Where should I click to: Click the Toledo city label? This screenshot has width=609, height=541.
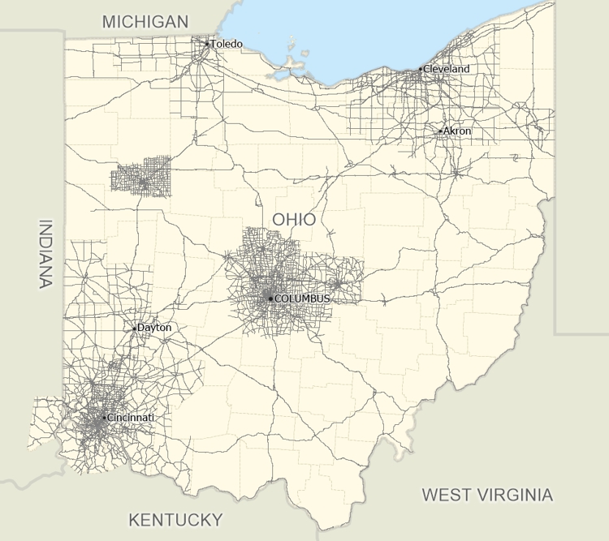tap(227, 44)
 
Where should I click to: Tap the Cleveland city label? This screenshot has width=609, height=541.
tap(447, 69)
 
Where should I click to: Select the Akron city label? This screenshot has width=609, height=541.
tap(457, 131)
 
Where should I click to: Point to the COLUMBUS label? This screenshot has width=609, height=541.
tap(302, 298)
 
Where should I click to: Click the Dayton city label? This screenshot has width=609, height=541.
tap(154, 328)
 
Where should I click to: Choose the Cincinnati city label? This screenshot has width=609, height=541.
tap(131, 417)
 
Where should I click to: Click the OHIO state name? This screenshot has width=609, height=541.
tap(294, 219)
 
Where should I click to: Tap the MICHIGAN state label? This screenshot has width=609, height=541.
tap(145, 22)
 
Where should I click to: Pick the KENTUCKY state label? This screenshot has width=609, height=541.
tap(175, 520)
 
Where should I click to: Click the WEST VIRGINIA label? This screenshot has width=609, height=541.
tap(487, 495)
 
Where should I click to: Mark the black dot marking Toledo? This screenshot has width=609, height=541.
tap(207, 44)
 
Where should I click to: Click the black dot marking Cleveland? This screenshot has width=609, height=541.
tap(421, 70)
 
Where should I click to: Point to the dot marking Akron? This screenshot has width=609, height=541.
tap(440, 131)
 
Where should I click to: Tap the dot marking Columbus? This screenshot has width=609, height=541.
tap(270, 298)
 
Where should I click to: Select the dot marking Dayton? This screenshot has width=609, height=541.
tap(135, 328)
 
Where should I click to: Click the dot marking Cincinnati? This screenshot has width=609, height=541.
tap(104, 418)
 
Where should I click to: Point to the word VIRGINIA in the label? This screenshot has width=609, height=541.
tap(514, 495)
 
